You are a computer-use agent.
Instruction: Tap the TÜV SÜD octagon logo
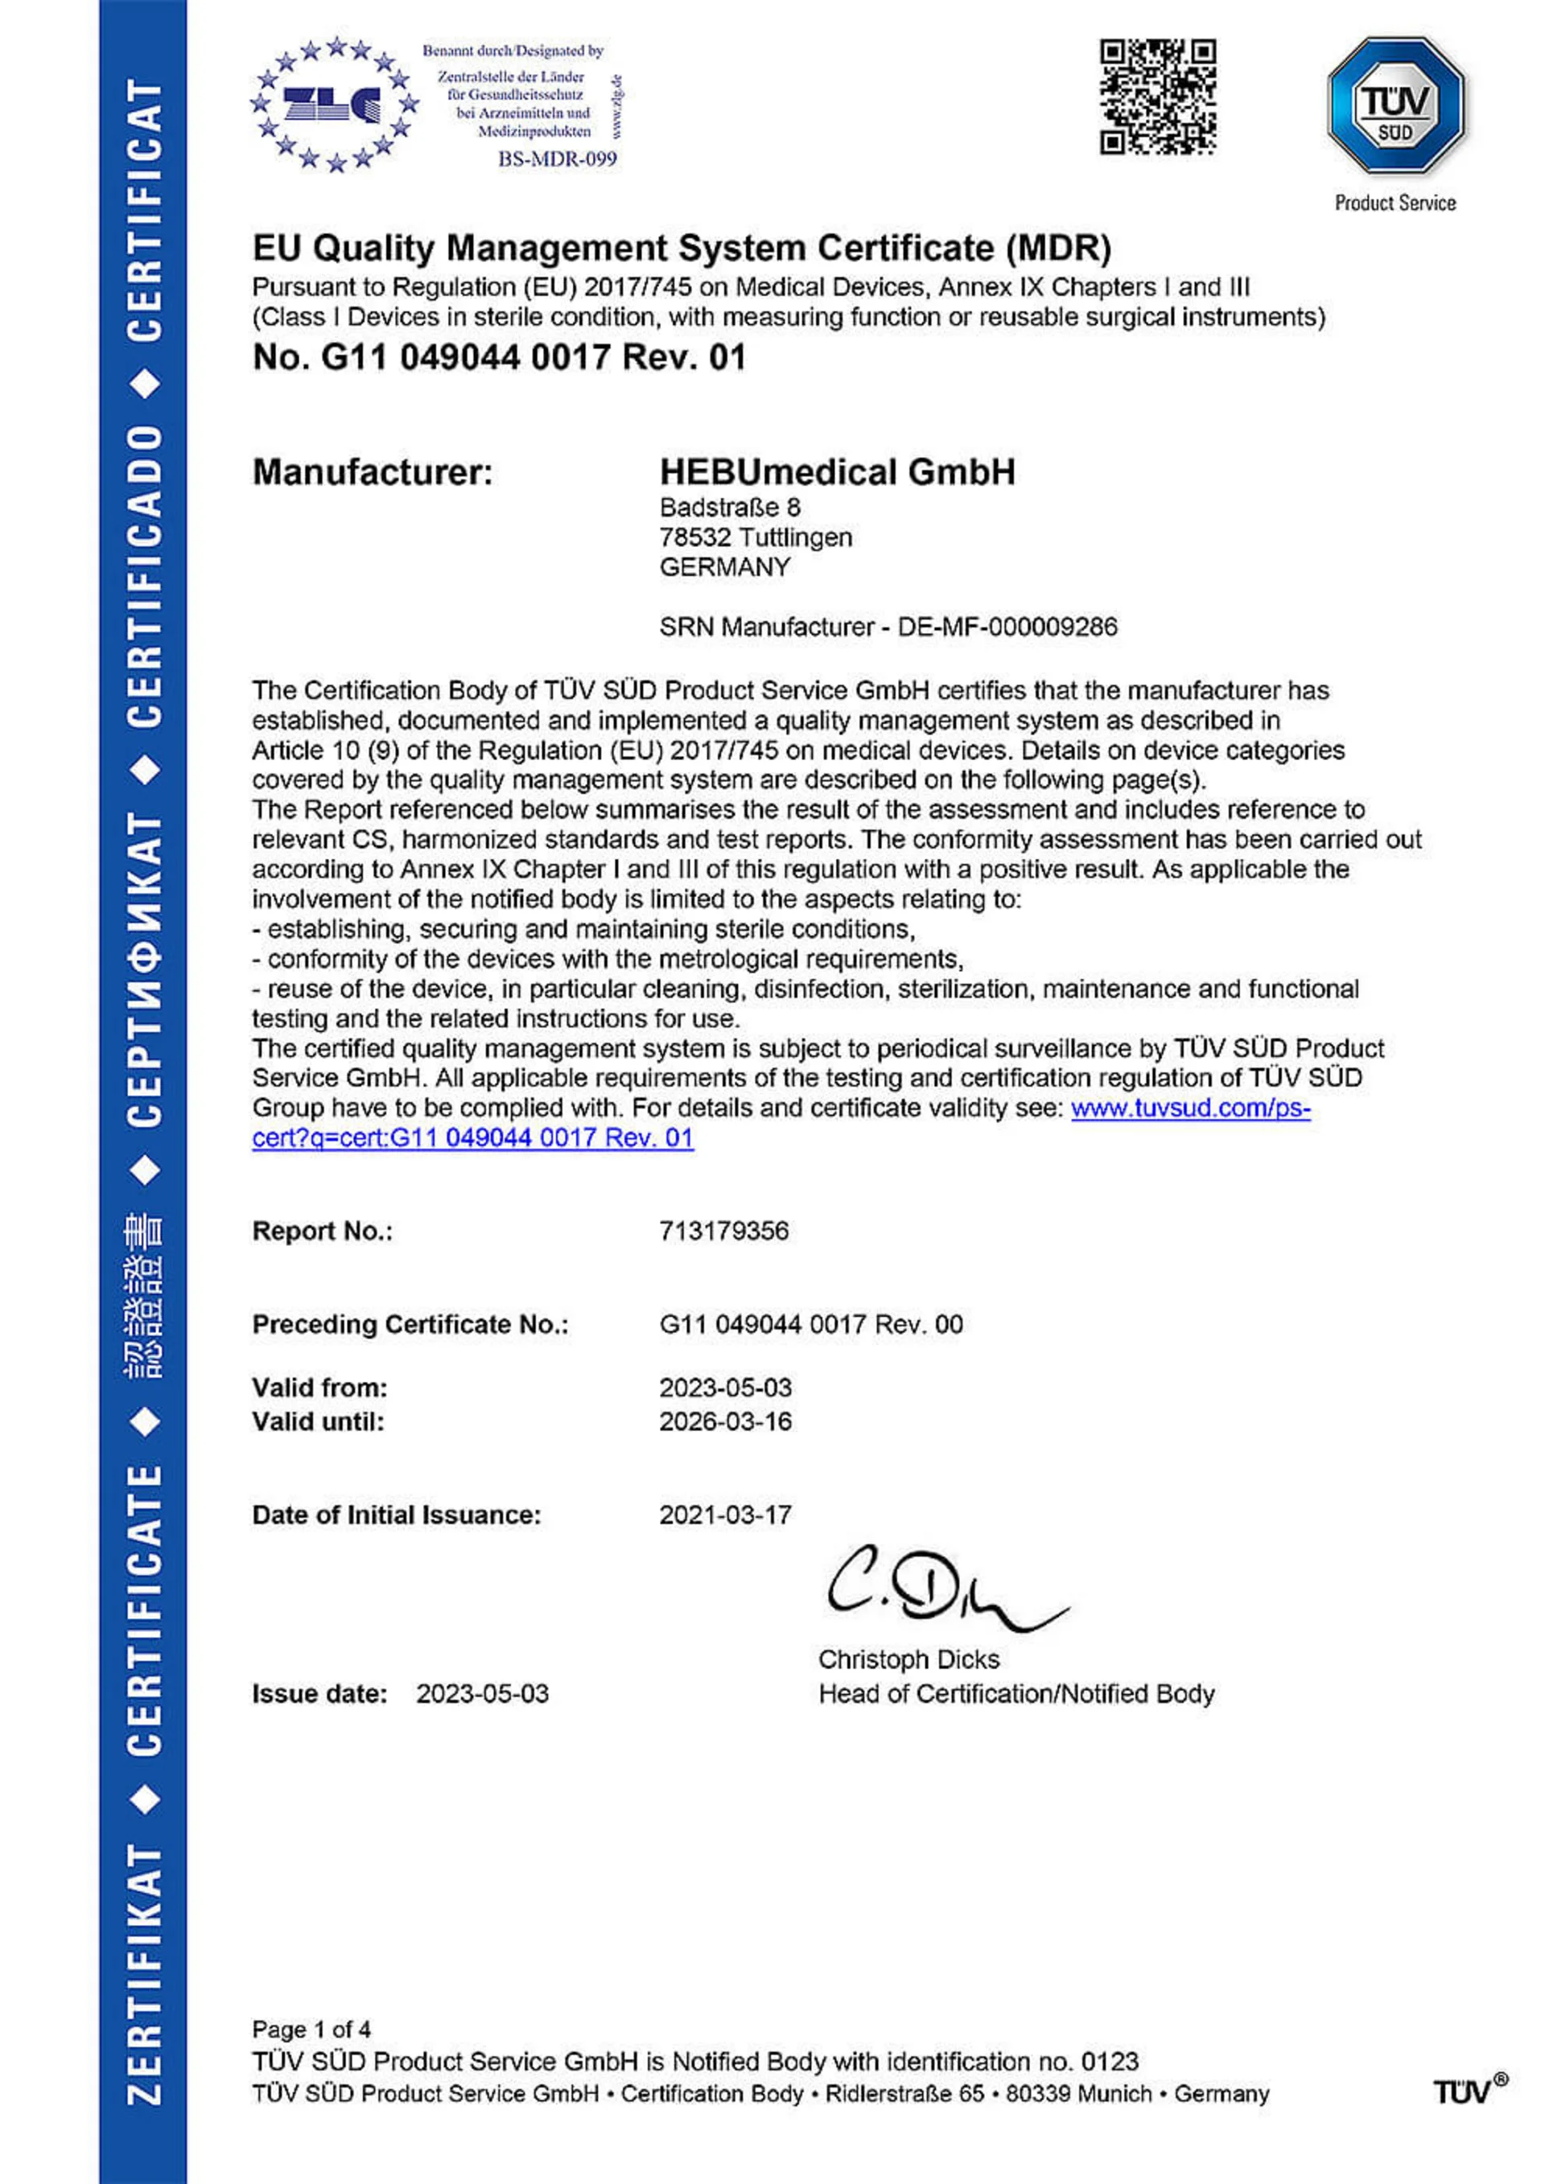[x=1395, y=105]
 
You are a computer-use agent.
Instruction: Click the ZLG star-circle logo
[x=334, y=105]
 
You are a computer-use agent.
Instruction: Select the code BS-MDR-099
[x=558, y=158]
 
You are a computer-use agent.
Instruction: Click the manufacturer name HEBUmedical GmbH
[x=837, y=472]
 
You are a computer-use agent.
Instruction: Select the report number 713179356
[x=724, y=1231]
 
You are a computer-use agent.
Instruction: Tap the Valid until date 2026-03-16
[x=725, y=1421]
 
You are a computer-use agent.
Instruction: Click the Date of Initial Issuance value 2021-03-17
[x=725, y=1515]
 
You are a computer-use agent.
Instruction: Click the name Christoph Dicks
[x=908, y=1659]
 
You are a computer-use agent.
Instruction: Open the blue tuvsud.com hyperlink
[x=1190, y=1108]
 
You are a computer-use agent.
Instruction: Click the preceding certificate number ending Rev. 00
[x=810, y=1324]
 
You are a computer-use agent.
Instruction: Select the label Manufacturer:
[x=373, y=472]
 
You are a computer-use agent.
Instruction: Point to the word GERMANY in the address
[x=725, y=567]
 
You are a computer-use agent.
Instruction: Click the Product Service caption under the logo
[x=1395, y=203]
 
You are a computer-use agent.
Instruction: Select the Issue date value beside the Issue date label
[x=482, y=1693]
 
